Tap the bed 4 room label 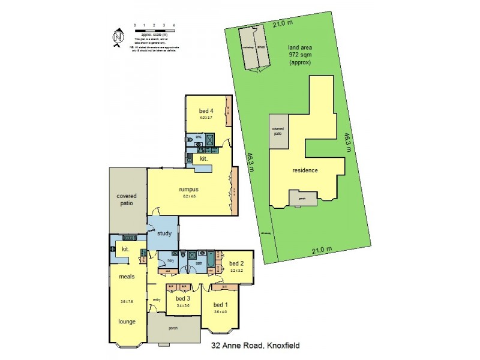206,110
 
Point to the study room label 164,233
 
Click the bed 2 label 236,263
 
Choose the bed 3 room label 183,298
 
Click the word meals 125,277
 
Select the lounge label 126,321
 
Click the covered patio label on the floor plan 127,199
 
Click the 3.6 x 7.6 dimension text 125,301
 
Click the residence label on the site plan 305,170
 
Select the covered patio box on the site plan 278,131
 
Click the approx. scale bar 154,29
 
